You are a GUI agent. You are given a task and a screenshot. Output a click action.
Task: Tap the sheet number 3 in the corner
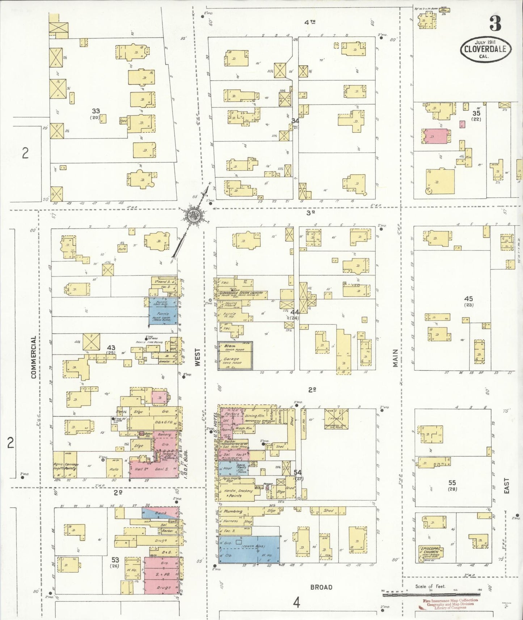pyautogui.click(x=495, y=23)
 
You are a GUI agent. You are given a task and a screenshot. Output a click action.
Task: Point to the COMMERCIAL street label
pyautogui.click(x=34, y=357)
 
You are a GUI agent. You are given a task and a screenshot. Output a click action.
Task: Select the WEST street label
pyautogui.click(x=197, y=357)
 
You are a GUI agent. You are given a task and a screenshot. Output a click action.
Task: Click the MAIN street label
pyautogui.click(x=395, y=358)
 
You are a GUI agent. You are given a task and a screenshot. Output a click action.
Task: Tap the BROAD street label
pyautogui.click(x=321, y=587)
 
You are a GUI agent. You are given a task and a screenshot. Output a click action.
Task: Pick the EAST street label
pyautogui.click(x=506, y=485)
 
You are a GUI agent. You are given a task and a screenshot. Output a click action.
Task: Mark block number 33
pyautogui.click(x=96, y=111)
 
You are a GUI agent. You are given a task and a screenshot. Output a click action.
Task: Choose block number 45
pyautogui.click(x=468, y=299)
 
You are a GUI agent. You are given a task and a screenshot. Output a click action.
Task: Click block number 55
pyautogui.click(x=452, y=483)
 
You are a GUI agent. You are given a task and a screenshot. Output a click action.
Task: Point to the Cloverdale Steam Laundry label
pyautogui.click(x=243, y=293)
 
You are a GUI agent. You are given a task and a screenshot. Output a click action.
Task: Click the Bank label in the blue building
pyautogui.click(x=161, y=513)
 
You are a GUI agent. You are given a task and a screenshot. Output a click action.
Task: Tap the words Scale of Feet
pyautogui.click(x=430, y=586)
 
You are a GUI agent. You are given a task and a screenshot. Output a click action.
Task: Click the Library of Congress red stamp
pyautogui.click(x=450, y=604)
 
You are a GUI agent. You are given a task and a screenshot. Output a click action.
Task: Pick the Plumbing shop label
pyautogui.click(x=233, y=511)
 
